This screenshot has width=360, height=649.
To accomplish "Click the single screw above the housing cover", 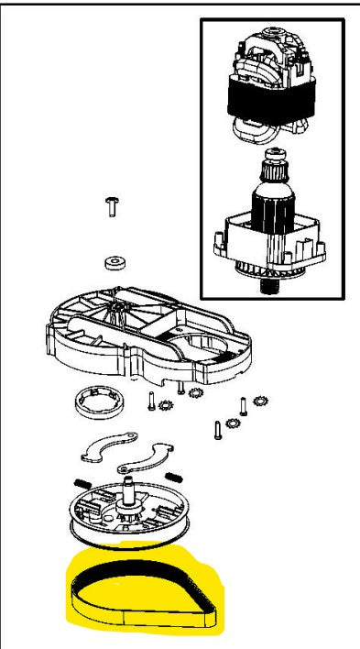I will tap(112, 205).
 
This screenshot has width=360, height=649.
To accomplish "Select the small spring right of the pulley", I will tap(174, 474).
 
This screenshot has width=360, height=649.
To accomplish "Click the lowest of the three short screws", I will tap(217, 429).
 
